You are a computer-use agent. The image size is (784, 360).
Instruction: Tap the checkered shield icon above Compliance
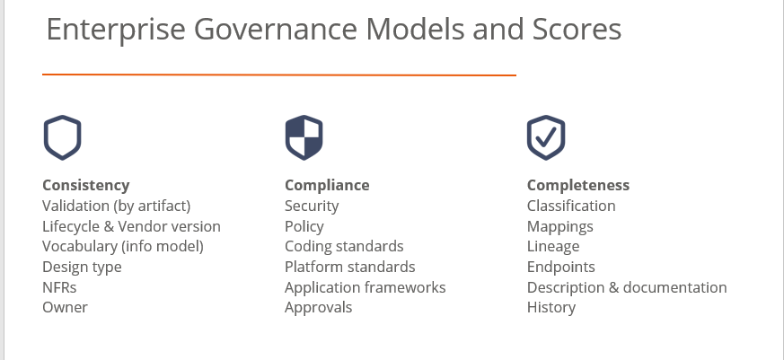pyautogui.click(x=304, y=137)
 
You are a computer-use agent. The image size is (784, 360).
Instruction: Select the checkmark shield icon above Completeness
pyautogui.click(x=546, y=137)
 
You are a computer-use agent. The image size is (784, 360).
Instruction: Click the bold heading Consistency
pyautogui.click(x=86, y=186)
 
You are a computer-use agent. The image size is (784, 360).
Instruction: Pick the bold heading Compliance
pyautogui.click(x=327, y=186)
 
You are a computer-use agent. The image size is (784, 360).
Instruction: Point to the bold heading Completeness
pyautogui.click(x=578, y=186)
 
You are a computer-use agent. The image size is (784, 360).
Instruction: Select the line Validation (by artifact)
pyautogui.click(x=117, y=206)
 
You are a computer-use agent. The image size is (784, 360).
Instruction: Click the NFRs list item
pyautogui.click(x=59, y=287)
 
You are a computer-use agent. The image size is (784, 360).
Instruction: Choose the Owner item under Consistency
pyautogui.click(x=65, y=308)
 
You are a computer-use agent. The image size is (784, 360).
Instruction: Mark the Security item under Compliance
pyautogui.click(x=312, y=206)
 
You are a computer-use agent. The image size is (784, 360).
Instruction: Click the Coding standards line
pyautogui.click(x=344, y=247)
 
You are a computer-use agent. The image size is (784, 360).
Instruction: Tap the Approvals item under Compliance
pyautogui.click(x=319, y=308)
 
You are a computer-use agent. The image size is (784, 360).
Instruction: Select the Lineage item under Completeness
pyautogui.click(x=553, y=247)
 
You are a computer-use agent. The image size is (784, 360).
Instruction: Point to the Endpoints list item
pyautogui.click(x=561, y=267)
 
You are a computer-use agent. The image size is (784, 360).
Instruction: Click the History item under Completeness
pyautogui.click(x=551, y=308)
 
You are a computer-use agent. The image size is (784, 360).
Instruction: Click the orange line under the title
pyautogui.click(x=279, y=75)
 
